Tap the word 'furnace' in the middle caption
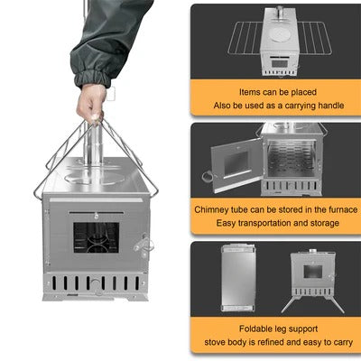(x=322, y=209)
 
